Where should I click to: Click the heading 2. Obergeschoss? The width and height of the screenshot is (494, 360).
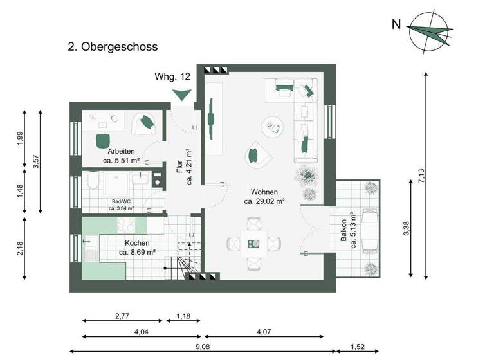(113, 47)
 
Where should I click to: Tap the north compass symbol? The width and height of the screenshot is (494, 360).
(430, 30)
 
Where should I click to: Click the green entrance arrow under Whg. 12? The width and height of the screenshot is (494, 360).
(182, 95)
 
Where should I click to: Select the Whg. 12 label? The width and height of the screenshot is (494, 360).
(172, 76)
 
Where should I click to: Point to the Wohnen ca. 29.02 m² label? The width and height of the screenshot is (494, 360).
(264, 196)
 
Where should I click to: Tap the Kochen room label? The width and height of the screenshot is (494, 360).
(137, 248)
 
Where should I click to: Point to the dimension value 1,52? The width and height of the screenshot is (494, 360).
(360, 346)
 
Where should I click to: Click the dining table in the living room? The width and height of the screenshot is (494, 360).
(254, 242)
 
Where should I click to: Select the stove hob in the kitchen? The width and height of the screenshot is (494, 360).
(125, 226)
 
